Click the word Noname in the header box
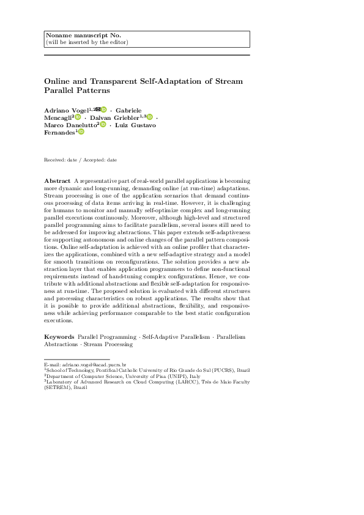point(58,35)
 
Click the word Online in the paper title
point(58,81)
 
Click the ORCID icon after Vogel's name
point(104,109)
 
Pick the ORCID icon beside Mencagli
point(78,117)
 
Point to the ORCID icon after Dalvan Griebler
point(149,117)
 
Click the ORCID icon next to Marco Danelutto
point(103,125)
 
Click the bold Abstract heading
point(57,182)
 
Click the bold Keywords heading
point(59,337)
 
